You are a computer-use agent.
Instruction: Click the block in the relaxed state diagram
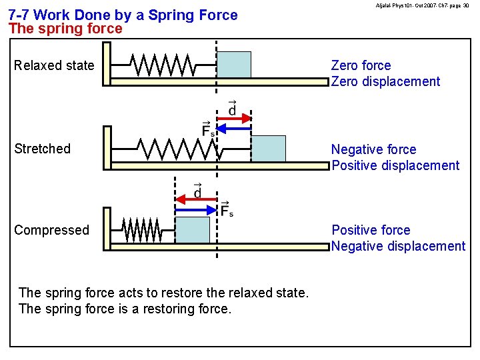pos(235,65)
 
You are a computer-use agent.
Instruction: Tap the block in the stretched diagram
pos(268,148)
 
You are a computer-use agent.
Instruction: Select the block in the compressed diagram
pos(192,229)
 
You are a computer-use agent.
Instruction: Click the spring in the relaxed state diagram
pos(163,65)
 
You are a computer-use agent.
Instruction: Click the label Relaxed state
pos(54,65)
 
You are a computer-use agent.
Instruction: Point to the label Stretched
pos(42,149)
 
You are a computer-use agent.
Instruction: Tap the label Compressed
pos(51,230)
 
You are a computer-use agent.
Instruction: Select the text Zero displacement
pos(385,81)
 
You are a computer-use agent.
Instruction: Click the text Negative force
pos(373,149)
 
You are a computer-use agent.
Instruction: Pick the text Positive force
pos(371,230)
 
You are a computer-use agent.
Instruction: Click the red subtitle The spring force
pos(65,29)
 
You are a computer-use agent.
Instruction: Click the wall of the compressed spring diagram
pos(107,228)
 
